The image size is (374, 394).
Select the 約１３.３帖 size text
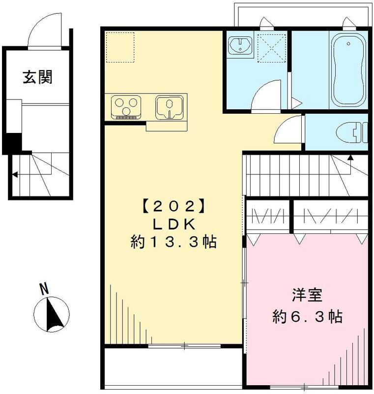click(x=173, y=242)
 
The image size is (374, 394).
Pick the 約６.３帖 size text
click(x=308, y=316)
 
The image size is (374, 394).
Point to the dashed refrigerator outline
click(x=120, y=47)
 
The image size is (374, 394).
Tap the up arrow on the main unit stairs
click(x=350, y=158)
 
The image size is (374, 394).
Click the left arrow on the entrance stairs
click(x=15, y=174)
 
